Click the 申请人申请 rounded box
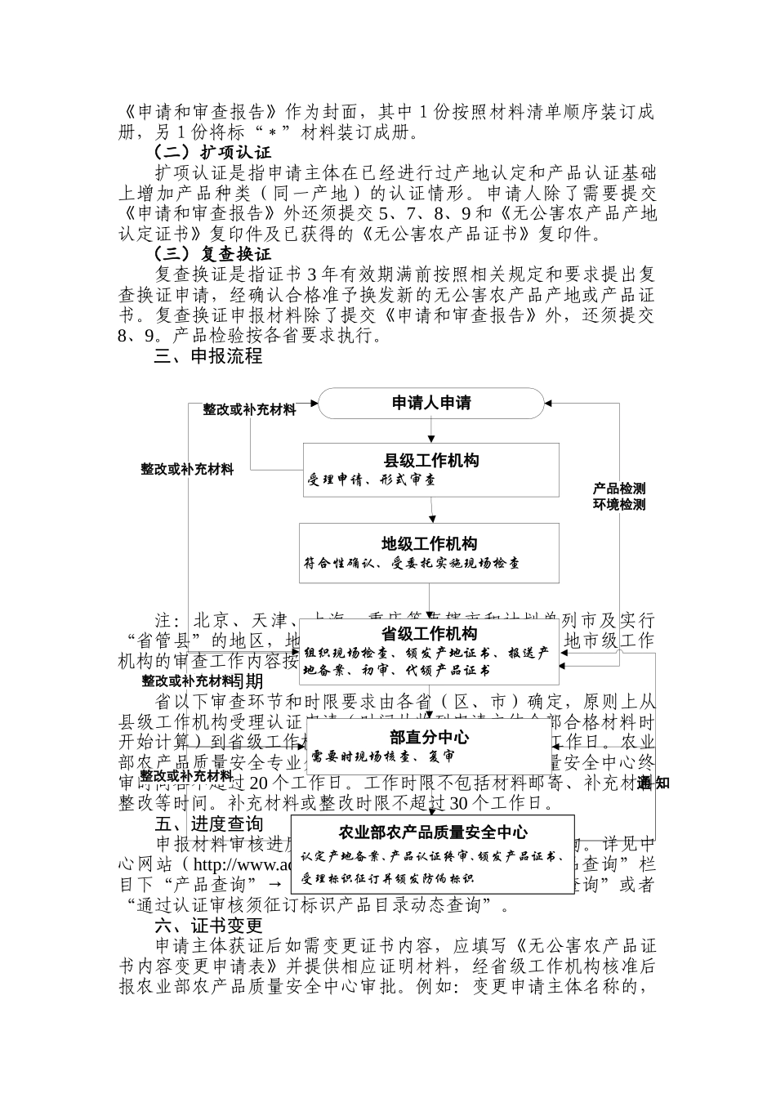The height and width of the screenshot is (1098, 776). (430, 403)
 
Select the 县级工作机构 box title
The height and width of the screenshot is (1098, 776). (431, 461)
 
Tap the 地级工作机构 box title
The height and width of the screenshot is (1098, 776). (430, 544)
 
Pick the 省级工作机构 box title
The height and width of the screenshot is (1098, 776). (430, 634)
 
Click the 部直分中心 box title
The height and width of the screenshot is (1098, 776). (430, 737)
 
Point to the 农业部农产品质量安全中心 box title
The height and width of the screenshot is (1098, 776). (432, 833)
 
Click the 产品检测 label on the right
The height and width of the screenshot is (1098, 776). (619, 489)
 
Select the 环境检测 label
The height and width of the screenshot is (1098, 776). (619, 505)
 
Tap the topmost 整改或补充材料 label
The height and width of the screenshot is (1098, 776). (250, 409)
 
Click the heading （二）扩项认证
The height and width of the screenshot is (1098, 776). (213, 152)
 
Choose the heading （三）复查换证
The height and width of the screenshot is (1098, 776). (213, 253)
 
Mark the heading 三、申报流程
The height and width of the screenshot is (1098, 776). (209, 356)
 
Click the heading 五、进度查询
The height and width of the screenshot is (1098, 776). (209, 823)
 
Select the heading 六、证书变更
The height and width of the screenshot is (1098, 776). (209, 926)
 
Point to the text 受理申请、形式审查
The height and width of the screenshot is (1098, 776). (372, 480)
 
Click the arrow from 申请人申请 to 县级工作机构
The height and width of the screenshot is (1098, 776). (431, 431)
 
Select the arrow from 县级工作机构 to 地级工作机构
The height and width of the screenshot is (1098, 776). (431, 510)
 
